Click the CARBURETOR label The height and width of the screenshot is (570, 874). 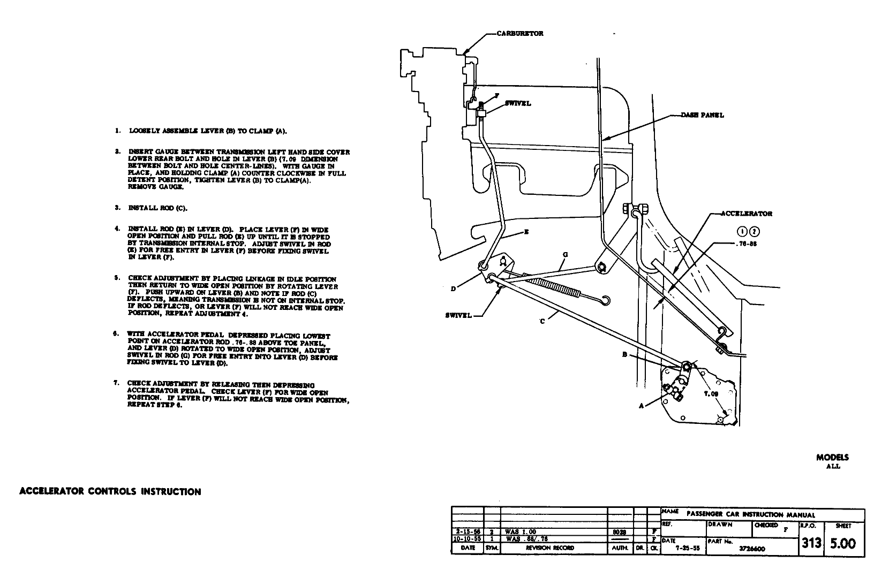pos(519,34)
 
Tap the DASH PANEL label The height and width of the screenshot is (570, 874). pos(702,115)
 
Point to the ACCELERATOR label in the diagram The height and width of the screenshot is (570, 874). pos(747,214)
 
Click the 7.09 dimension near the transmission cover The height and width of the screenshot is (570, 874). pos(711,394)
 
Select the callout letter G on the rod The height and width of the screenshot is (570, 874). pos(565,255)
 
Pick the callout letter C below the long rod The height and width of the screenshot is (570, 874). pos(542,321)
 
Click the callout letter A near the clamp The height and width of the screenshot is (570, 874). pos(641,406)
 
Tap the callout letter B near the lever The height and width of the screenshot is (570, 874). pos(624,354)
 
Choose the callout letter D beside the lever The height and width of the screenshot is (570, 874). pos(453,289)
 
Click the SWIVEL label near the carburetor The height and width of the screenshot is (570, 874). pos(517,103)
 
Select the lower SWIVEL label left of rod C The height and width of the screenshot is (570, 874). pos(458,315)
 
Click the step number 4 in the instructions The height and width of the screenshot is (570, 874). pos(117,229)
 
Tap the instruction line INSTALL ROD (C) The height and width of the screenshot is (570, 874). pos(157,208)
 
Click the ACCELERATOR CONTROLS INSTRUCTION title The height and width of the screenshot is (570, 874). pos(110,492)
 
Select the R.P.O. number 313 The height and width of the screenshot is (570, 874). pos(811,543)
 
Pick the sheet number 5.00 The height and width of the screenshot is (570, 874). pos(842,543)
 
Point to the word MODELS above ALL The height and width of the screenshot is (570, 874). pos(832,458)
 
